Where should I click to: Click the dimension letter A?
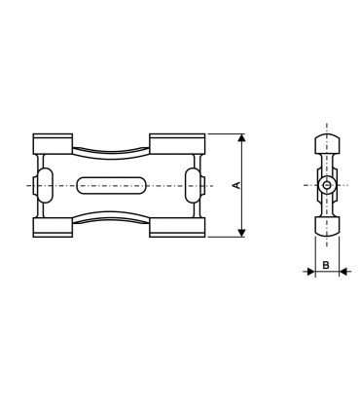point(236,184)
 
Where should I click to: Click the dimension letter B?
point(327,263)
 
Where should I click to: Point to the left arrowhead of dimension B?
point(311,272)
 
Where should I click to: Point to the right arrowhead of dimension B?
point(342,272)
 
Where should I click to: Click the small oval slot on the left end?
point(41,184)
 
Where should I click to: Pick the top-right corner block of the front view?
point(178,143)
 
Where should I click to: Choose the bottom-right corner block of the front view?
point(178,226)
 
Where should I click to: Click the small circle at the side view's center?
point(327,184)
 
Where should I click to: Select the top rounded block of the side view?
point(327,145)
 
